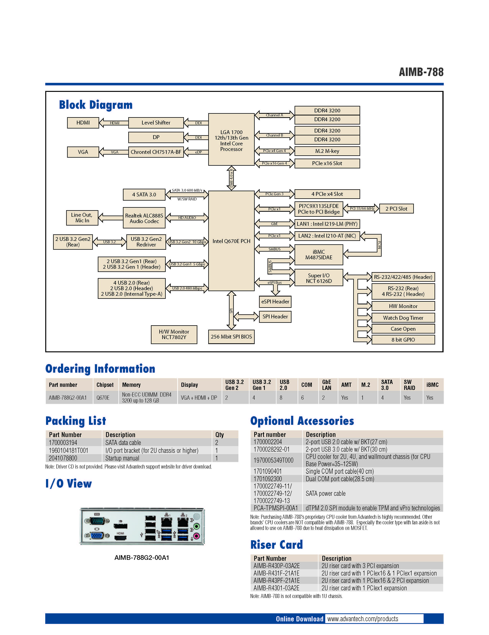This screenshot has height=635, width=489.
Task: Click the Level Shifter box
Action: (156, 123)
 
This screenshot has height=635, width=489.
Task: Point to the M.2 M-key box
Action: (327, 151)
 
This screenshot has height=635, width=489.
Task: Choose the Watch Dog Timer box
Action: (403, 318)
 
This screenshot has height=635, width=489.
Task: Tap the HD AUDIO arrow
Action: (187, 217)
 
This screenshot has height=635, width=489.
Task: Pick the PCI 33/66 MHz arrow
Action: (361, 208)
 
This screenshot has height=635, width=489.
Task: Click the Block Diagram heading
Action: (96, 105)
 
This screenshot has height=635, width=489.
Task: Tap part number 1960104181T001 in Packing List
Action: (69, 450)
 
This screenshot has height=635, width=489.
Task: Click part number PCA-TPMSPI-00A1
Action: (276, 508)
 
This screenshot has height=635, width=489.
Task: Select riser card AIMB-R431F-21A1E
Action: (277, 573)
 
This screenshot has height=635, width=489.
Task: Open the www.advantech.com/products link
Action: (363, 619)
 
